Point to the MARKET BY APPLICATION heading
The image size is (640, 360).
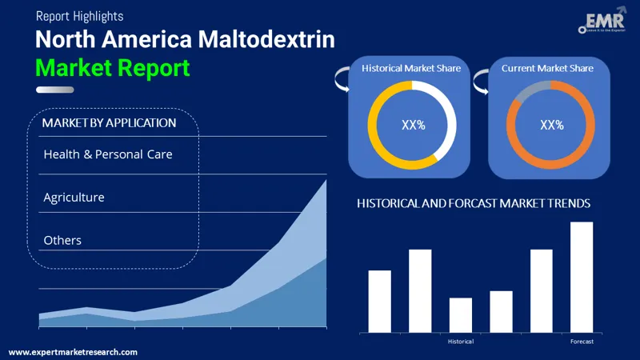pos(109,123)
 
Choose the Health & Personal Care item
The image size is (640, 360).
pos(108,154)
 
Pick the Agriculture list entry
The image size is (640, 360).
pos(74,197)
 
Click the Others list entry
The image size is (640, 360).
pos(62,240)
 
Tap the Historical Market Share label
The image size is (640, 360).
pos(411,69)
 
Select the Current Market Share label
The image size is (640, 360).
pos(547,69)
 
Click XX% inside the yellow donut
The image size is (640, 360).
pos(412,125)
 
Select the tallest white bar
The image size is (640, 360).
pos(582,277)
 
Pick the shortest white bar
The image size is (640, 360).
pos(461,314)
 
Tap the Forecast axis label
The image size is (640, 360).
pos(582,342)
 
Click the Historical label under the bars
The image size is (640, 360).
pos(461,342)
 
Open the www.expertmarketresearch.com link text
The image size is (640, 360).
pos(73,352)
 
